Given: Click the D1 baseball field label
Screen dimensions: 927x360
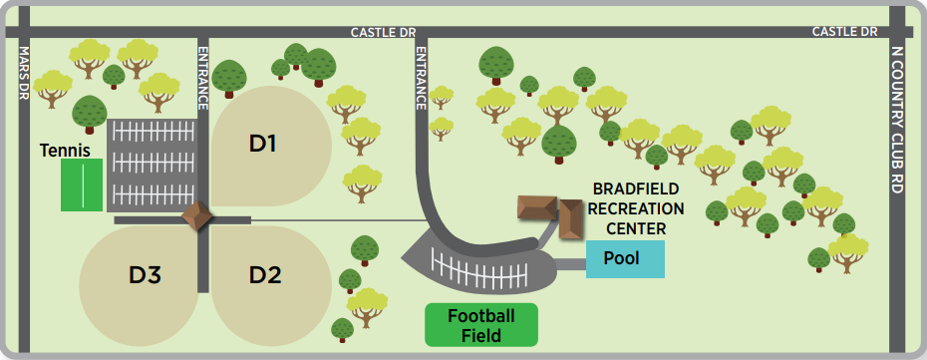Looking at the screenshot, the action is tap(262, 144).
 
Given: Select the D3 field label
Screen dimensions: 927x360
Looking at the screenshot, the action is tap(146, 274).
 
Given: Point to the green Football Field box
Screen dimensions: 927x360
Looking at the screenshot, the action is tap(480, 325).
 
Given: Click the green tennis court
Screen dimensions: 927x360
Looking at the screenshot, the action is tap(82, 184).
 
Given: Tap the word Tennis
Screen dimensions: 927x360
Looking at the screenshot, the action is tap(65, 151).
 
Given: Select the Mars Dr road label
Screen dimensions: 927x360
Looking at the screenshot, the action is tap(25, 73).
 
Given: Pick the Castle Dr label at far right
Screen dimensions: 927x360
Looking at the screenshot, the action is tap(844, 32).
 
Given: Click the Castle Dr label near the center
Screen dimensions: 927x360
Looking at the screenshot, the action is tap(383, 32).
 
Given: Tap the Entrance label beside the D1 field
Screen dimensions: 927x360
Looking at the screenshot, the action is tap(203, 77).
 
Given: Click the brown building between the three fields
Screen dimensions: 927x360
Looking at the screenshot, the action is tap(196, 216).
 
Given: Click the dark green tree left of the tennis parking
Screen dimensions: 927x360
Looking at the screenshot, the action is tap(90, 112).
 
